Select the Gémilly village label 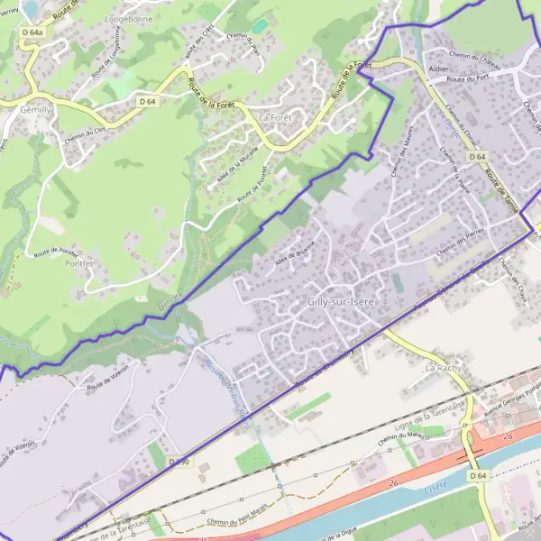pos(36,108)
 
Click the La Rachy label pos(444,369)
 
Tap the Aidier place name pos(439,68)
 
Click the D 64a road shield pos(32,33)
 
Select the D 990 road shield pos(179,462)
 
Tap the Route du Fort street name pos(474,78)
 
